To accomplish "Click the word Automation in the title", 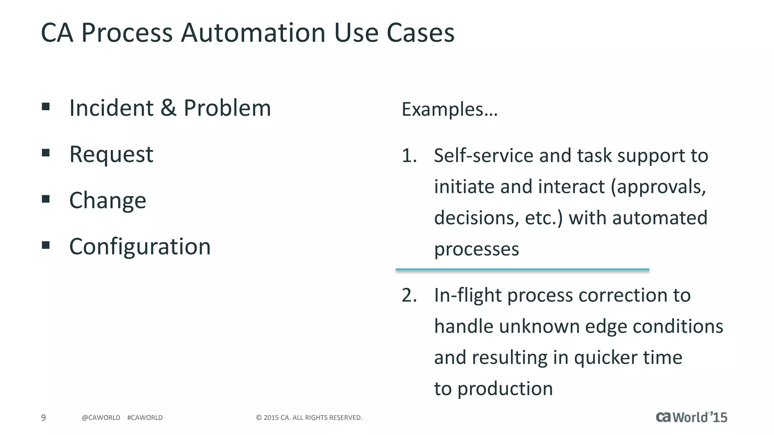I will point(253,32).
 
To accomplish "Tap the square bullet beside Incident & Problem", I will point(46,106).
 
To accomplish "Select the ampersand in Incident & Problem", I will point(168,108).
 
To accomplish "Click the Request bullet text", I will point(111,154).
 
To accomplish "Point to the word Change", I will point(108,200).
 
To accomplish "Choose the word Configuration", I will point(140,247).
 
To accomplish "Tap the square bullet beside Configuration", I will point(46,245).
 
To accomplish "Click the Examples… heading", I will point(450,110).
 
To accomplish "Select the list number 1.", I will point(409,156).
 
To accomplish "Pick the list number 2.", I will point(409,295).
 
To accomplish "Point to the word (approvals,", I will point(658,187).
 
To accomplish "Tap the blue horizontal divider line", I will point(522,270).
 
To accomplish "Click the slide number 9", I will point(43,418).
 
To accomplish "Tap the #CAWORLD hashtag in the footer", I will point(145,418).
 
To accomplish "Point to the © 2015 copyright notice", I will point(309,418).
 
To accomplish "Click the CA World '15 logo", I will point(691,417).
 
